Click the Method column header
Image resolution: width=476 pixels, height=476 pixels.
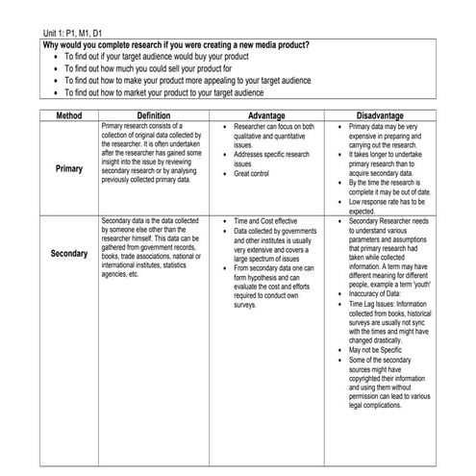(x=68, y=114)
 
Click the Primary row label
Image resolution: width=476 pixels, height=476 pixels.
(x=68, y=167)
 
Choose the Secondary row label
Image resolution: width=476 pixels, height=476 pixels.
(x=68, y=254)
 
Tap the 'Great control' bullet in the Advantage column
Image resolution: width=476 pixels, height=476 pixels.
(x=254, y=174)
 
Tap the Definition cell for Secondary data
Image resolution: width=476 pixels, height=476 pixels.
(x=153, y=248)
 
